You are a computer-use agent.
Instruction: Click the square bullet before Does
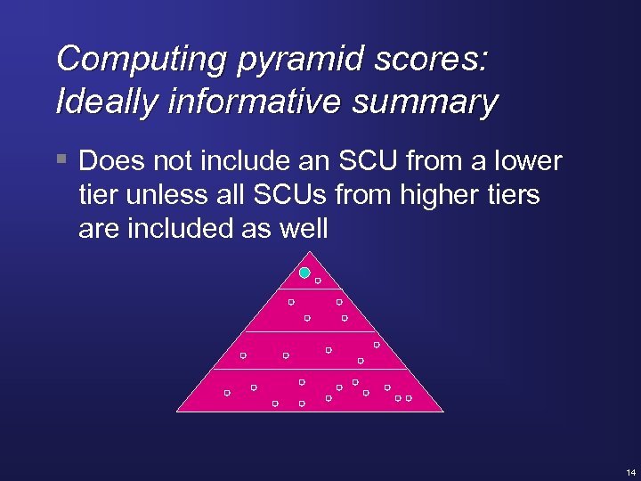pos(61,160)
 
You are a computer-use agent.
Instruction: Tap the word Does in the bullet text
pos(110,161)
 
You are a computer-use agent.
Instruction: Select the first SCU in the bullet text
pos(362,161)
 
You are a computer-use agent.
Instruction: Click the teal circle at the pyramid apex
pos(304,273)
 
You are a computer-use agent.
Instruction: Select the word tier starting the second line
pos(95,195)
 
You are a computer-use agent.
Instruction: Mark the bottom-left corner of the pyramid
pos(177,411)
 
